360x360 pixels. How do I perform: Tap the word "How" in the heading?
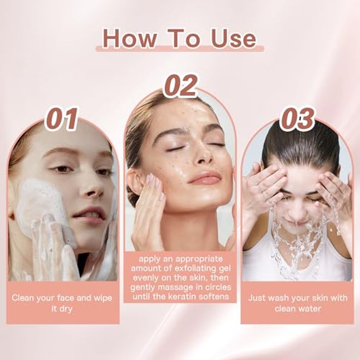[x=129, y=39]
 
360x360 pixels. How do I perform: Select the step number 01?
[x=62, y=119]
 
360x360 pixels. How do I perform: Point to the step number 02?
[x=181, y=85]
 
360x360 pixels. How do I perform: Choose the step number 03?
[x=297, y=119]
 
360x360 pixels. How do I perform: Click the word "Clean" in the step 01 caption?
[x=23, y=298]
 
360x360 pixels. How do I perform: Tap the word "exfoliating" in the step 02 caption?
[x=194, y=268]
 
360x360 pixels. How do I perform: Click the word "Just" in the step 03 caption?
[x=257, y=298]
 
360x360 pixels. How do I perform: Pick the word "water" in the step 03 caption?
[x=310, y=309]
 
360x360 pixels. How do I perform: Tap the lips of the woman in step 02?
[x=204, y=177]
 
